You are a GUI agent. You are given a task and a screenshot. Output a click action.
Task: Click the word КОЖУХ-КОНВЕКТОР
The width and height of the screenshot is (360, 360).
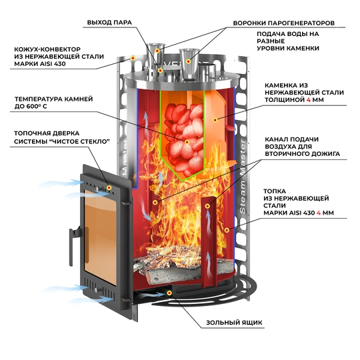pos(39,49)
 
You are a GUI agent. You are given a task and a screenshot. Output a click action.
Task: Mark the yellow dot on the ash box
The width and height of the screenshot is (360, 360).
pos(171,293)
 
